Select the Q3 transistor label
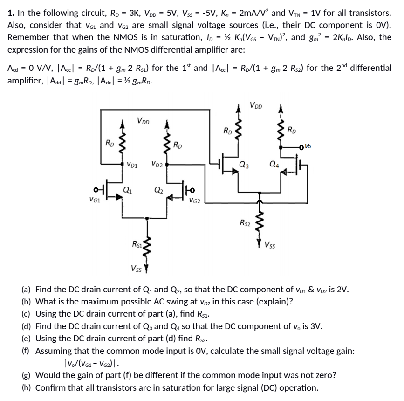coord(243,164)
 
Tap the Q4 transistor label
coord(274,164)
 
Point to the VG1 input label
coord(95,201)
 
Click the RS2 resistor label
coord(244,223)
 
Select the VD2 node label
coord(157,164)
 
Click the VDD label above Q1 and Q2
coord(144,121)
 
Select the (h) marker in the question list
coord(27,387)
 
